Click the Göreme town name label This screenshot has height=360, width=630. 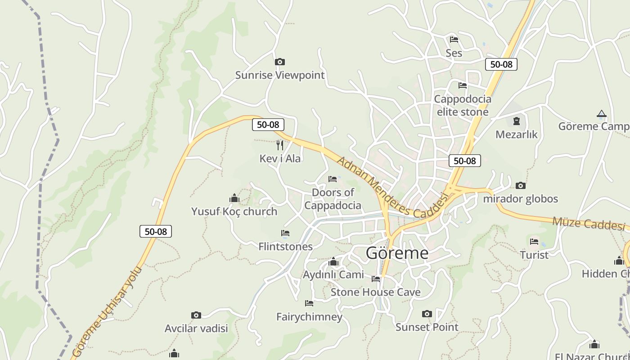pyautogui.click(x=397, y=253)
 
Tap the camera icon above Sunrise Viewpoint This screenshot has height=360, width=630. pyautogui.click(x=280, y=62)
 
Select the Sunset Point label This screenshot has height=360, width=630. pyautogui.click(x=427, y=327)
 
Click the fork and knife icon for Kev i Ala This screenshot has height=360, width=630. pyautogui.click(x=280, y=145)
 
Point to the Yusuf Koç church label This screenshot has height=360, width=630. pyautogui.click(x=234, y=211)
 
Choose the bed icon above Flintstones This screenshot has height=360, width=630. pyautogui.click(x=285, y=233)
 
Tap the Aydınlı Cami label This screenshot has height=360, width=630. pyautogui.click(x=333, y=274)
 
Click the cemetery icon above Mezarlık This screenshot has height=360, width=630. pyautogui.click(x=516, y=121)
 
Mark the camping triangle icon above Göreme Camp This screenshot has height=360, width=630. pyautogui.click(x=601, y=113)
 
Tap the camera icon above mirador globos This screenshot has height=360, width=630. pyautogui.click(x=520, y=185)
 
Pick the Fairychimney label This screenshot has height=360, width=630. pyautogui.click(x=309, y=317)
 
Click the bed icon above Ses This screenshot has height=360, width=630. pyautogui.click(x=454, y=40)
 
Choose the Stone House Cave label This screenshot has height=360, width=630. pyautogui.click(x=375, y=292)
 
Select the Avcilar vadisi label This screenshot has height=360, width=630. pyautogui.click(x=196, y=328)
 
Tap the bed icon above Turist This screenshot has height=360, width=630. pyautogui.click(x=534, y=242)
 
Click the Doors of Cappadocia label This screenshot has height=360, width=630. pyautogui.click(x=333, y=199)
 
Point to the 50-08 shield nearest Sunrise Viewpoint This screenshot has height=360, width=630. pyautogui.click(x=268, y=125)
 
